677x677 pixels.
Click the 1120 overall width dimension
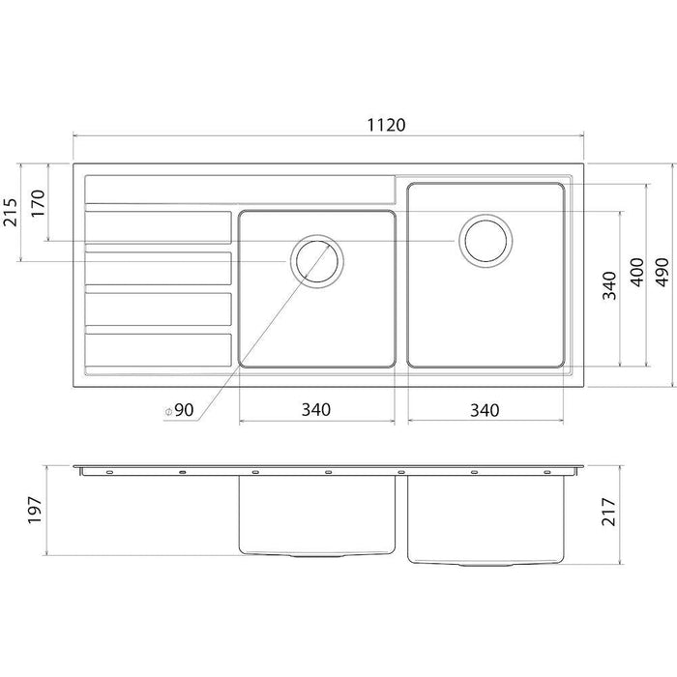387,125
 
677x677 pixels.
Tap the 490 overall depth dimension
662,272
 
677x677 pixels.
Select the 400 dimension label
637,272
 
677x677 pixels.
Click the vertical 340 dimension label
609,285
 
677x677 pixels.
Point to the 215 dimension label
11,213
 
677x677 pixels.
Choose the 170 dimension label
38,203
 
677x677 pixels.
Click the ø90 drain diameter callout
180,410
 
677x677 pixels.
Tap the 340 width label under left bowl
316,410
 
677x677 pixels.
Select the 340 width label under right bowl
485,410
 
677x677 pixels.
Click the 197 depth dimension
35,511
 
